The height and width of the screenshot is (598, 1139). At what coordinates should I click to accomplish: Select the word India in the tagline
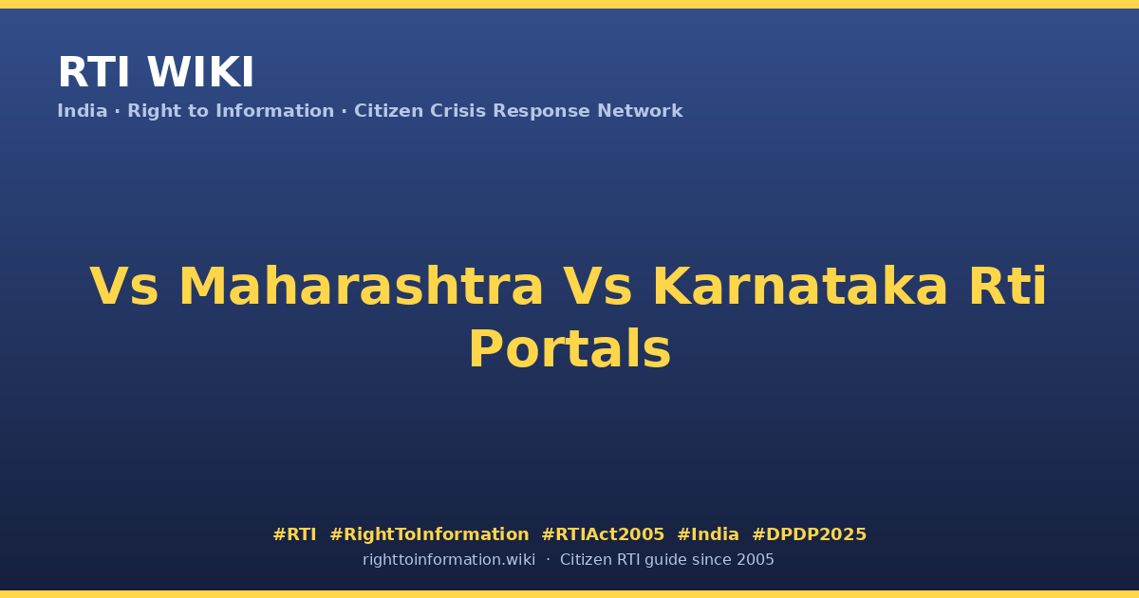click(x=83, y=111)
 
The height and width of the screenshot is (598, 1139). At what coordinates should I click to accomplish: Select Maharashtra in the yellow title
click(x=361, y=287)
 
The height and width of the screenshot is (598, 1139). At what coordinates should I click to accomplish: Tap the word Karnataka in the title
click(x=800, y=287)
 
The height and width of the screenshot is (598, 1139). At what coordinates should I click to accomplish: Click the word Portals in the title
click(x=569, y=349)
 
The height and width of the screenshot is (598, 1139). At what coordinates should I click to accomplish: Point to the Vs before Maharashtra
click(x=123, y=287)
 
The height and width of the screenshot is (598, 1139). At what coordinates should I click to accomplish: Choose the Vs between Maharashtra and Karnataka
click(x=597, y=287)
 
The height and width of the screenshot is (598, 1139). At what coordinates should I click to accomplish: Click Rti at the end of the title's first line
click(x=1008, y=287)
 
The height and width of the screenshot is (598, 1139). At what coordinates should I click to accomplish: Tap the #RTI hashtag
click(x=294, y=534)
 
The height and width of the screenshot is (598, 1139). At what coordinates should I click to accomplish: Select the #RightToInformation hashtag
click(x=429, y=534)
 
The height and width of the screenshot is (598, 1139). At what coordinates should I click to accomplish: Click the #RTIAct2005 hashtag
click(x=603, y=534)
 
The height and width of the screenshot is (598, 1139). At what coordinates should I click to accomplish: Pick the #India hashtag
click(x=708, y=534)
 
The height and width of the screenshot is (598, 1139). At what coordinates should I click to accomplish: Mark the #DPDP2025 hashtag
click(x=809, y=534)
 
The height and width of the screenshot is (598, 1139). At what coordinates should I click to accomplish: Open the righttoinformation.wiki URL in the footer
click(x=449, y=560)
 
